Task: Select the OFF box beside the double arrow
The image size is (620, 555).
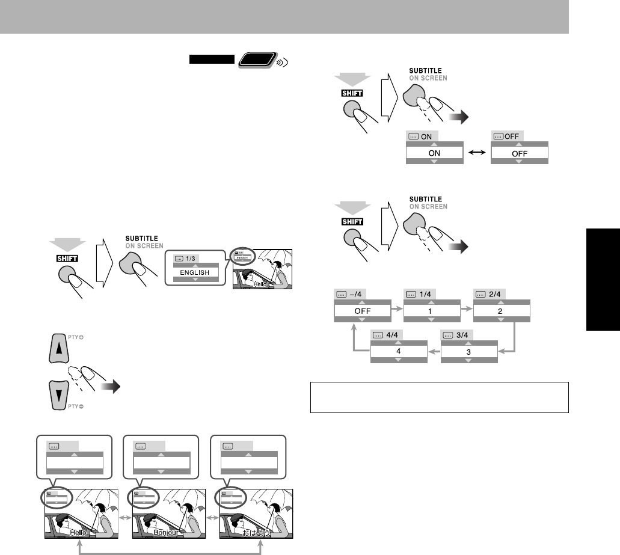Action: click(x=520, y=153)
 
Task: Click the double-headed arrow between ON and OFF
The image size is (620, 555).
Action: click(x=477, y=153)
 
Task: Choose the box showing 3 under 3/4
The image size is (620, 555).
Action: click(x=469, y=351)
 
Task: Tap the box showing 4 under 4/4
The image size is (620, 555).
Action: click(x=399, y=351)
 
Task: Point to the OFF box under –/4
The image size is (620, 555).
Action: click(x=361, y=313)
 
